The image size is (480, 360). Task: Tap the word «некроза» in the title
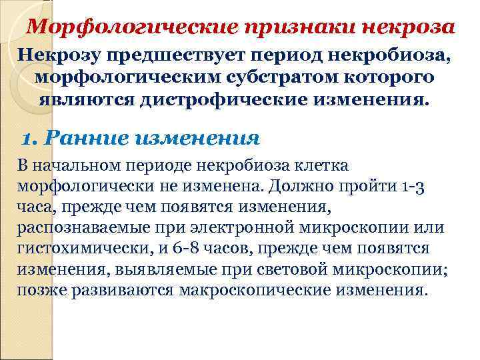[x=409, y=27]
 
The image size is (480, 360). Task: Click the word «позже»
[x=39, y=291]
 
